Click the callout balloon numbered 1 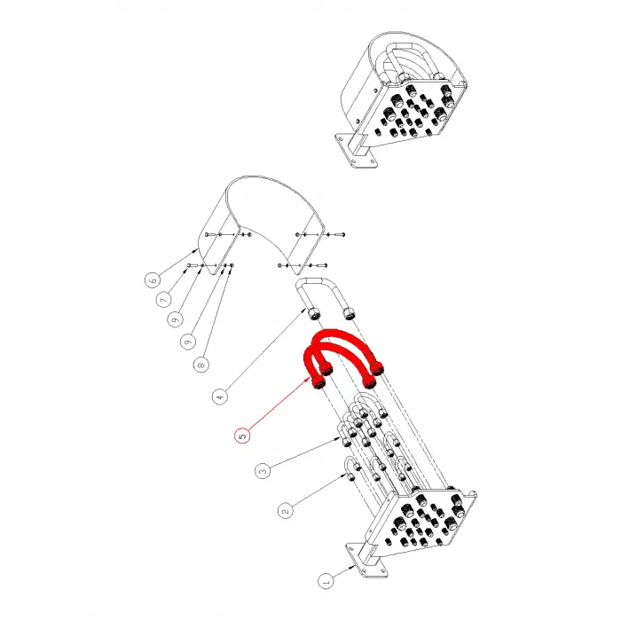click(x=326, y=581)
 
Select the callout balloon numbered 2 click(x=286, y=510)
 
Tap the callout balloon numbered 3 click(x=263, y=471)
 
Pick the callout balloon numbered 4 click(x=220, y=397)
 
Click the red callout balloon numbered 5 click(x=243, y=436)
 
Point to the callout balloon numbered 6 click(x=153, y=280)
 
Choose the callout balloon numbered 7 click(x=163, y=300)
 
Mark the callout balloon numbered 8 click(x=201, y=365)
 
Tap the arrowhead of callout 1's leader click(x=352, y=569)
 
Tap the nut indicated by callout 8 click(x=232, y=265)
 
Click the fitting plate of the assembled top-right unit click(x=410, y=111)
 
